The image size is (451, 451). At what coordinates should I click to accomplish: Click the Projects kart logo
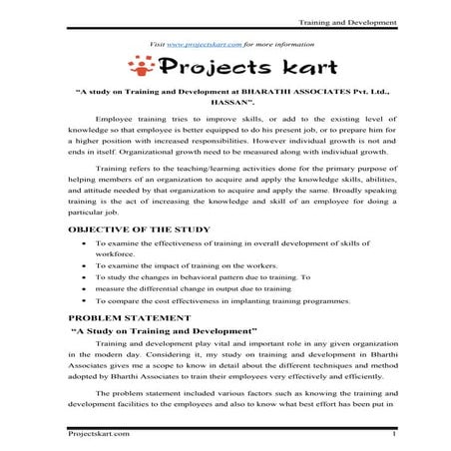225,68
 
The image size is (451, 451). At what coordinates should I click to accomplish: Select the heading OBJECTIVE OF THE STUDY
139,229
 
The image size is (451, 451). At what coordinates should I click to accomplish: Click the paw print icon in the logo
146,67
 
